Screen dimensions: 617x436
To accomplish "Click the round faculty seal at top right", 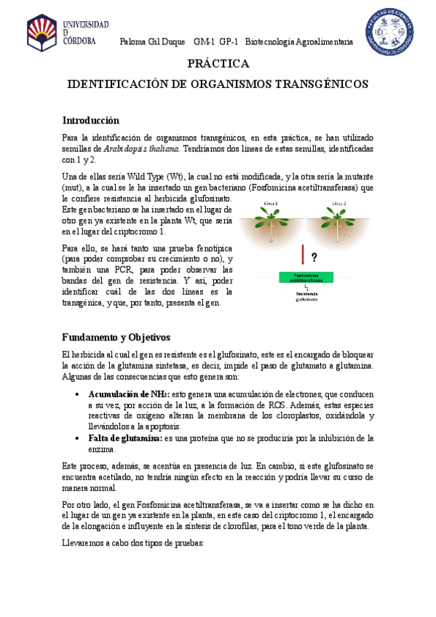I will click(x=390, y=31).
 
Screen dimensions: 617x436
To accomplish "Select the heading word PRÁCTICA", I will click(x=218, y=65).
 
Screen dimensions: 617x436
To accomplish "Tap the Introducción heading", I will click(x=90, y=120).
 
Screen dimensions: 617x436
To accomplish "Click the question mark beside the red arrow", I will click(x=314, y=257).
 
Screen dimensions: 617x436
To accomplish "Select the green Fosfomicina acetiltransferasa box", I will click(x=305, y=277).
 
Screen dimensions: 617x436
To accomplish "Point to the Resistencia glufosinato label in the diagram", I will click(x=306, y=296).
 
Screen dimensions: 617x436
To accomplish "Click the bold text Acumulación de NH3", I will click(x=128, y=394).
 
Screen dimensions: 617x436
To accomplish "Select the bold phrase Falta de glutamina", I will click(x=125, y=438).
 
